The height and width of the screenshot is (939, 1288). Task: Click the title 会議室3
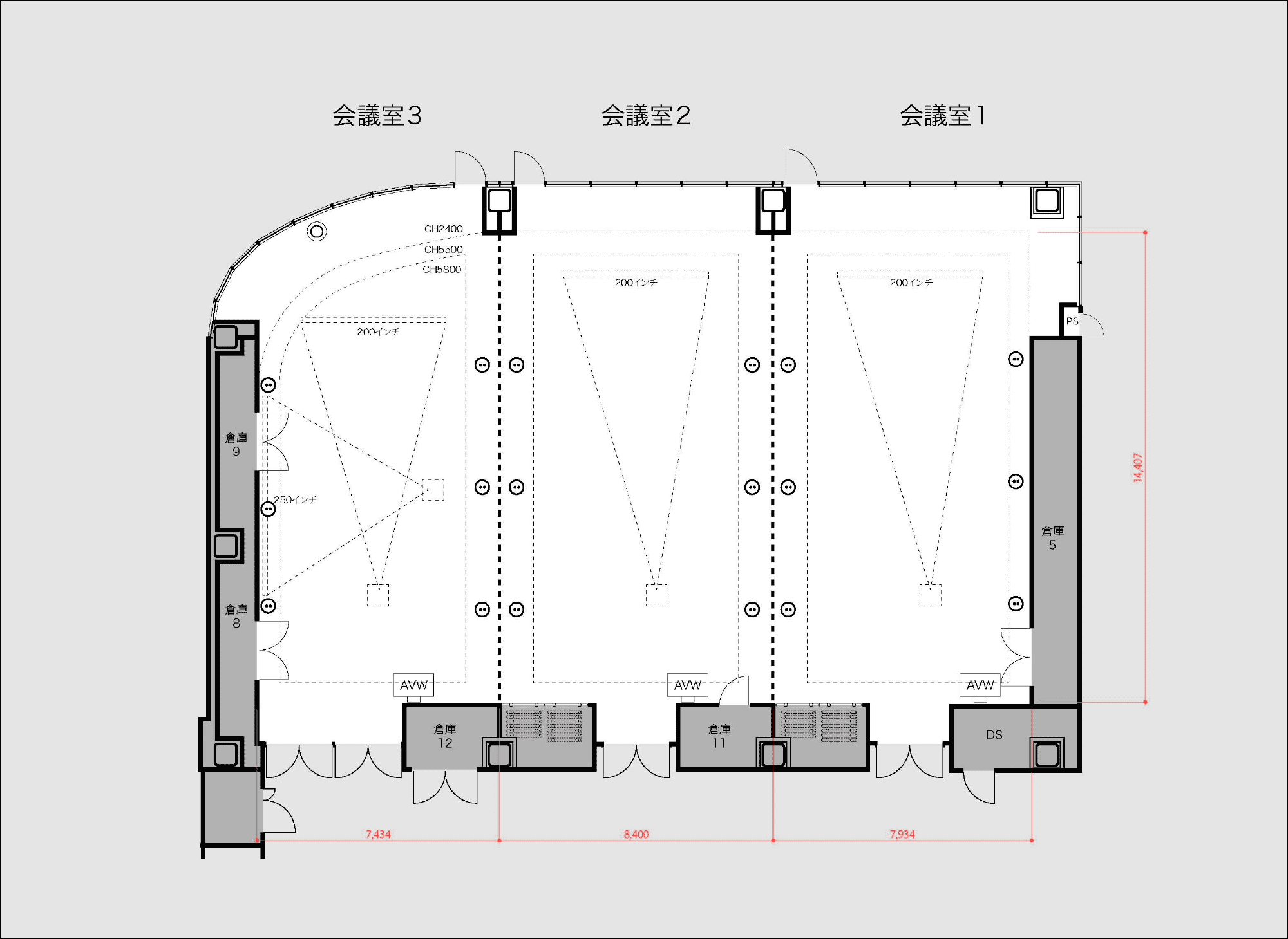tap(377, 116)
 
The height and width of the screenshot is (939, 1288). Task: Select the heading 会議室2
tap(646, 116)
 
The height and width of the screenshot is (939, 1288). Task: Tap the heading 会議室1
tap(942, 116)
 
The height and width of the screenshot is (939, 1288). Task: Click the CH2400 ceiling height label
tap(443, 229)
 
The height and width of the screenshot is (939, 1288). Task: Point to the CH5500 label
tap(443, 250)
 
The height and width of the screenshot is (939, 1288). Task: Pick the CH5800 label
tap(442, 270)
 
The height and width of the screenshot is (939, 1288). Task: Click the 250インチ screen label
tap(295, 500)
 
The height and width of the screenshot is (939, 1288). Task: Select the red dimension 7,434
tap(378, 834)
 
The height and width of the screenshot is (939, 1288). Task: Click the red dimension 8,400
tap(636, 834)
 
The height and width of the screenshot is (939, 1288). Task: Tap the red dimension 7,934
tap(902, 834)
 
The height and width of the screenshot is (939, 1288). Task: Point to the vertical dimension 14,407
tap(1138, 468)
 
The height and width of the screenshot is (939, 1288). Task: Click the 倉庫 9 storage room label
tap(236, 445)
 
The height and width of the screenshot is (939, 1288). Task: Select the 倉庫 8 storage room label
tap(236, 616)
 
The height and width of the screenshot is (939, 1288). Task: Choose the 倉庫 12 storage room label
tap(445, 736)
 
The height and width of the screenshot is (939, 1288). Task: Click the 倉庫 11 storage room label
tap(719, 736)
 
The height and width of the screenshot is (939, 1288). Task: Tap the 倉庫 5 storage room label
tap(1053, 538)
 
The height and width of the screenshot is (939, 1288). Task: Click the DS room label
tap(994, 735)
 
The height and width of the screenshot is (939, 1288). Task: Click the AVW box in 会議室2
tap(688, 685)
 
